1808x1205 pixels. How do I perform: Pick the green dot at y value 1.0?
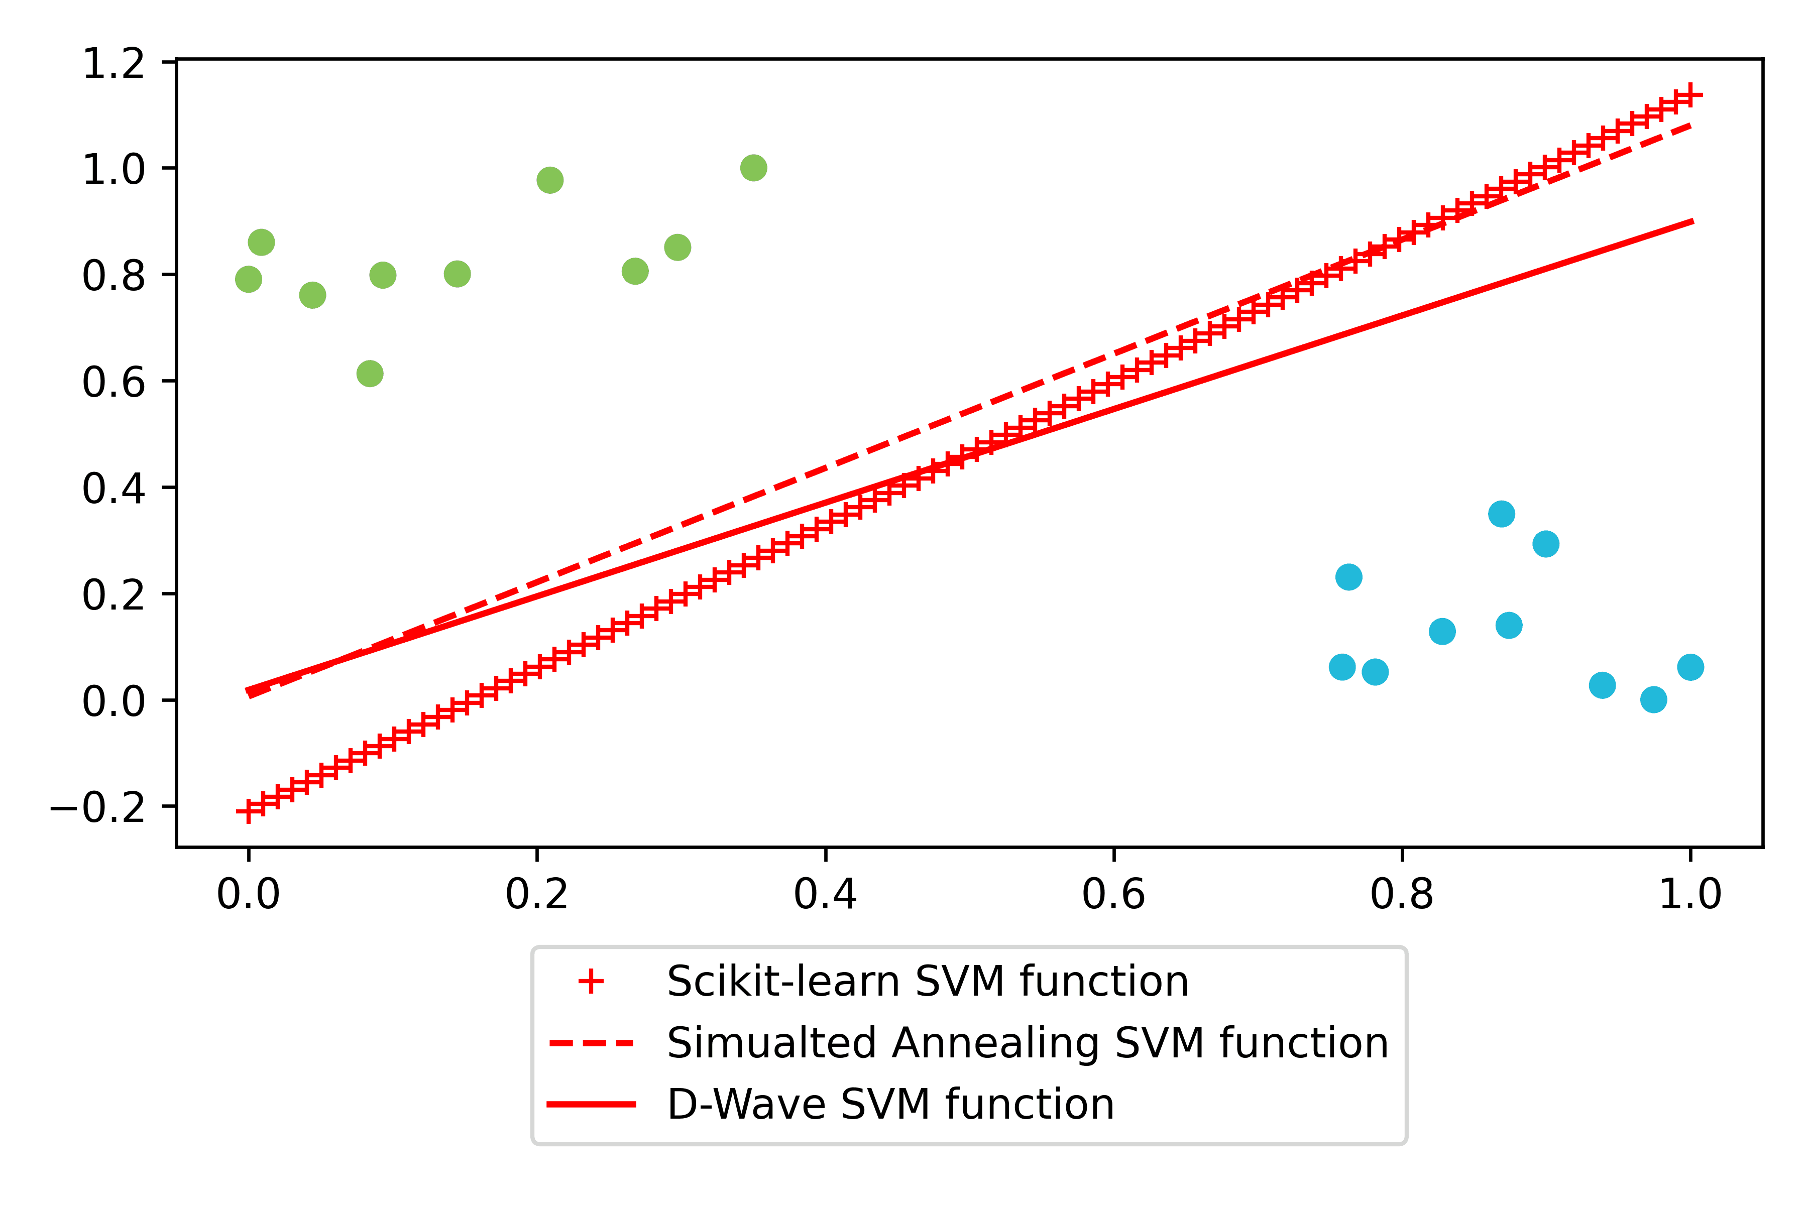pos(753,168)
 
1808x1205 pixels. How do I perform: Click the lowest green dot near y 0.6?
pos(370,374)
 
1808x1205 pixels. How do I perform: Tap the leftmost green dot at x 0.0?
pos(248,279)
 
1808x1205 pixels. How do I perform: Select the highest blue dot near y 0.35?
pos(1501,513)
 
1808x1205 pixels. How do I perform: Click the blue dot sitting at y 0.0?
pos(1653,699)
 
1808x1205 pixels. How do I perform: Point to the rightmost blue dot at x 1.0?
pos(1690,667)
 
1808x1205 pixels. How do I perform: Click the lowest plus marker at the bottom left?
pos(248,811)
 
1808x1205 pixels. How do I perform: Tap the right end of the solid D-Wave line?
pos(1692,221)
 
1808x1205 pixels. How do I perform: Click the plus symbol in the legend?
pos(591,982)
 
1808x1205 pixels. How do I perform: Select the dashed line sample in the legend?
pos(591,1043)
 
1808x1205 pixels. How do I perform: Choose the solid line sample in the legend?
pos(591,1104)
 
